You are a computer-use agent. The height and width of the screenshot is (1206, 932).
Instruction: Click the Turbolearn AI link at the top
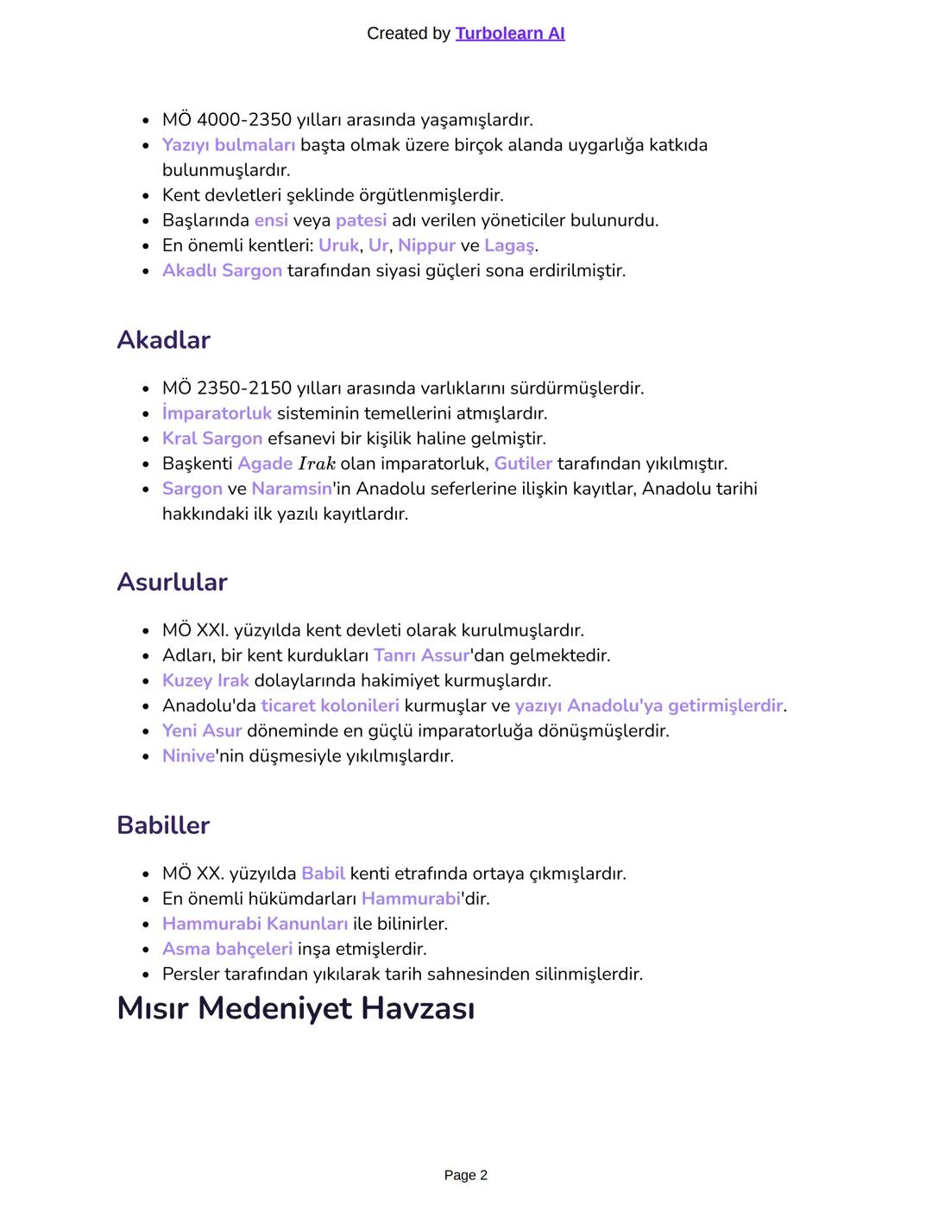pyautogui.click(x=509, y=34)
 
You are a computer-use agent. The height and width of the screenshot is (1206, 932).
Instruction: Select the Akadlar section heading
pyautogui.click(x=163, y=340)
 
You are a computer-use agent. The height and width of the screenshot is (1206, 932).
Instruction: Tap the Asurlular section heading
pyautogui.click(x=172, y=583)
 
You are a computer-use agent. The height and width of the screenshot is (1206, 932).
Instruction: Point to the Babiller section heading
pyautogui.click(x=163, y=825)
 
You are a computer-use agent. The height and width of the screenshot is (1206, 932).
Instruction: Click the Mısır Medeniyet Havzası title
pyautogui.click(x=295, y=1008)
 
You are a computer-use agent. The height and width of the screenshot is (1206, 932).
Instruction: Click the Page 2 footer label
pyautogui.click(x=465, y=1175)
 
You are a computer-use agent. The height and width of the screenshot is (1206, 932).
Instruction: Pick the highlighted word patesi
pyautogui.click(x=361, y=220)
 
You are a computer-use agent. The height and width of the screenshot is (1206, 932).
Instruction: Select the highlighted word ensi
pyautogui.click(x=271, y=220)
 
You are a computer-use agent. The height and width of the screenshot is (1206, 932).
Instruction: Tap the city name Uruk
pyautogui.click(x=338, y=245)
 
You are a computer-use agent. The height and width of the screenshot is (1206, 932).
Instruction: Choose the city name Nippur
pyautogui.click(x=426, y=245)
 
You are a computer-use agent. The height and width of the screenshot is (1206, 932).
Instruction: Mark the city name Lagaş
pyautogui.click(x=509, y=245)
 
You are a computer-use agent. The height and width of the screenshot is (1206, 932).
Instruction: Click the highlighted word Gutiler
pyautogui.click(x=523, y=464)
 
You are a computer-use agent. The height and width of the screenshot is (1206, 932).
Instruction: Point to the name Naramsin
pyautogui.click(x=292, y=489)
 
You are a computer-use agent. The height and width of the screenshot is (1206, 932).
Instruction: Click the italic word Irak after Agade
pyautogui.click(x=316, y=464)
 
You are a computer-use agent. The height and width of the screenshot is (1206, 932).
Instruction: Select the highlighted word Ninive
pyautogui.click(x=188, y=756)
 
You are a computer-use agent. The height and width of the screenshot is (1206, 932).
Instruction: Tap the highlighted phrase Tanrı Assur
pyautogui.click(x=421, y=655)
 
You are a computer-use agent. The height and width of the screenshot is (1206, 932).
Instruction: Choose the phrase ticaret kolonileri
pyautogui.click(x=330, y=705)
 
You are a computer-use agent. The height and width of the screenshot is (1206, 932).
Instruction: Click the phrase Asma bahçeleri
pyautogui.click(x=228, y=949)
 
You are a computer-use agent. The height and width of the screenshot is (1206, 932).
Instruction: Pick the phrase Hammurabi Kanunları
pyautogui.click(x=255, y=924)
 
